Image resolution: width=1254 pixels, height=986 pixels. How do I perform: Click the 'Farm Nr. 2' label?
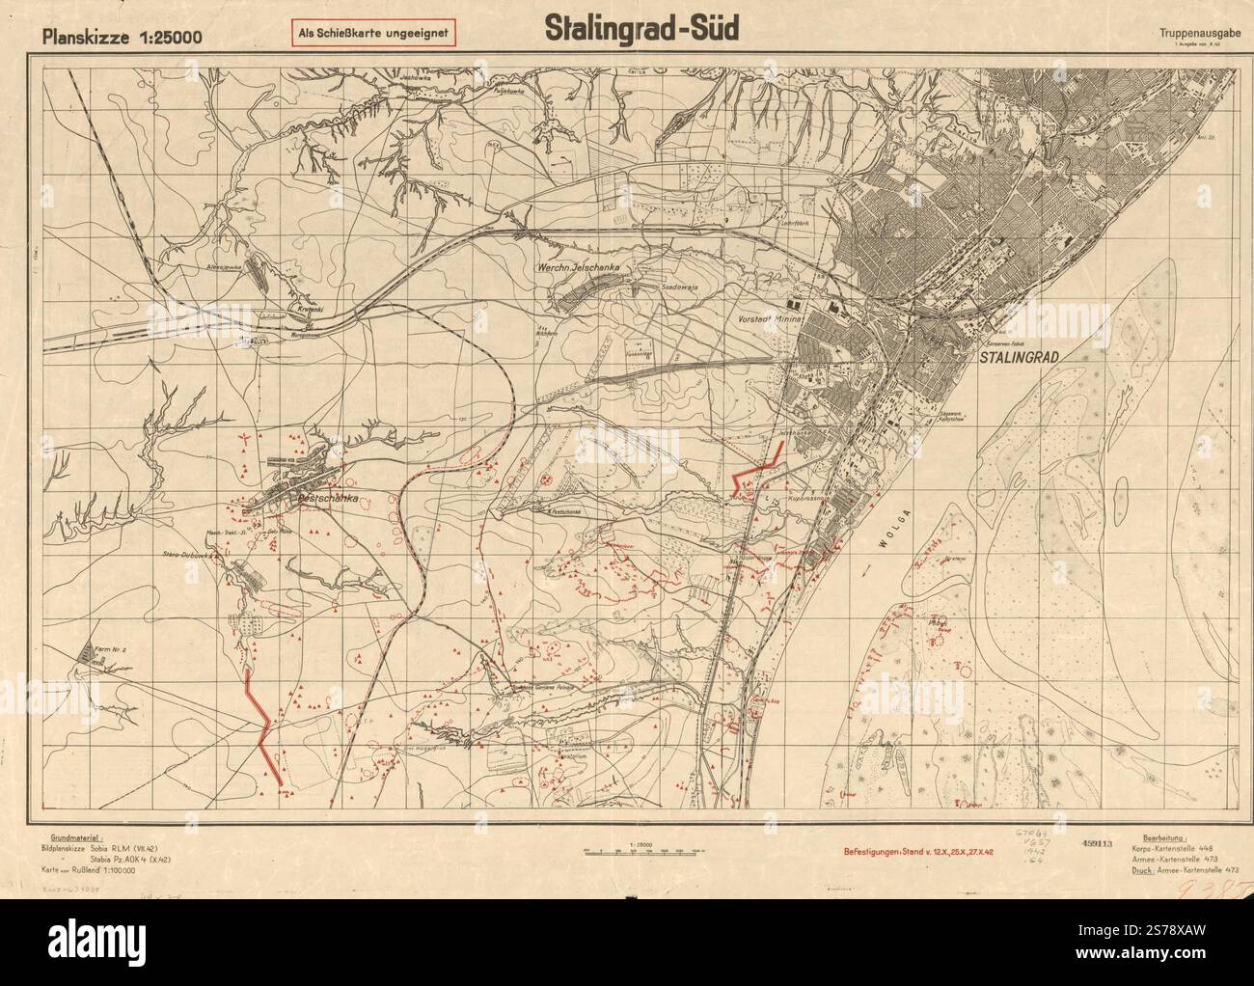click(109, 649)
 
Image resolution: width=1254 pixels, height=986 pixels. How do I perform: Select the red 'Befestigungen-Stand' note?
click(920, 853)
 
